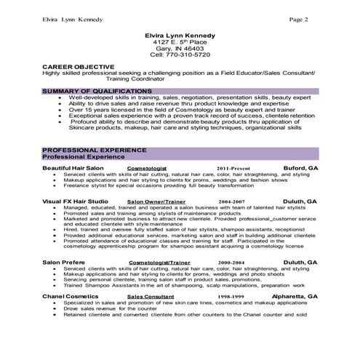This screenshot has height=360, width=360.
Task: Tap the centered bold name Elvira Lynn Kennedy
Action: click(x=180, y=34)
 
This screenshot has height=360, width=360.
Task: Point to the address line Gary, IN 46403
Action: click(x=180, y=47)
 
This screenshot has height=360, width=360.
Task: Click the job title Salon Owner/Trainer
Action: click(x=156, y=200)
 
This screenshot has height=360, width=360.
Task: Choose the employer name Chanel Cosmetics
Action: click(x=70, y=297)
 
